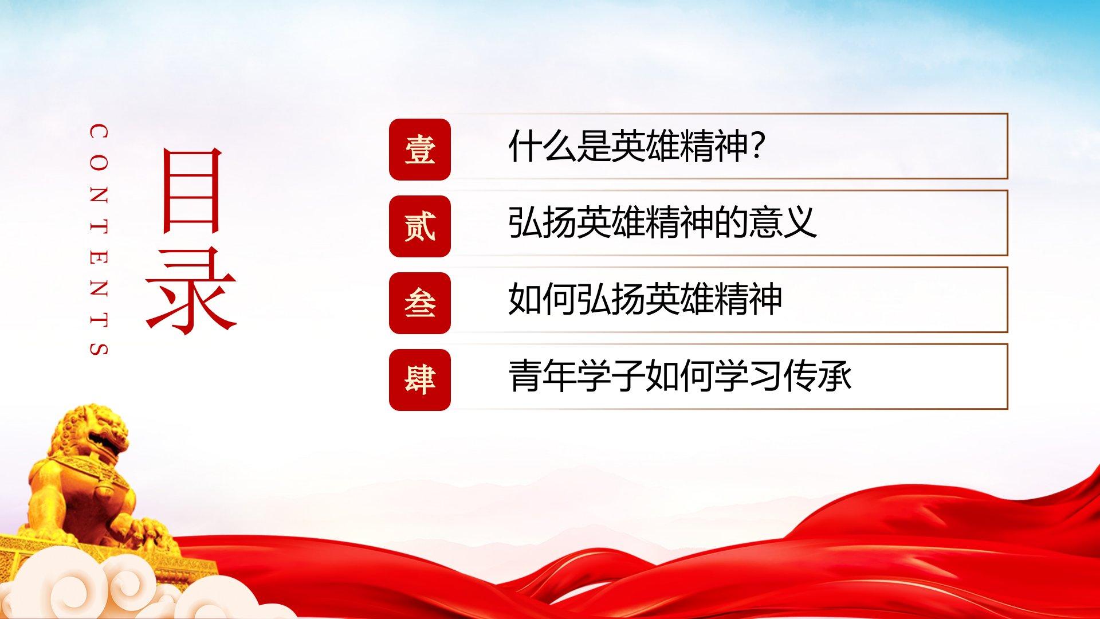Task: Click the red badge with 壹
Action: pos(420,150)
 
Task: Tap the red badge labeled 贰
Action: pos(420,226)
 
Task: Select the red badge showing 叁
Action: pos(420,303)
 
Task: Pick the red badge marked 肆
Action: pos(420,380)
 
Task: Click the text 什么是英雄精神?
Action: pos(637,146)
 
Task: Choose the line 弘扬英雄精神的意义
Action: pos(662,223)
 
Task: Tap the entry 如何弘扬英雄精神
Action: pos(645,299)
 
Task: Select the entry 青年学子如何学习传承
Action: pos(680,376)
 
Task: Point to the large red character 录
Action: pos(191,291)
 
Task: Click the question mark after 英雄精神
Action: pos(757,146)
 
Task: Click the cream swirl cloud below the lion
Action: pos(92,585)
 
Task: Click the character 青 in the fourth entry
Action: pos(525,376)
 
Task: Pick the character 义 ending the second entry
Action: pos(799,223)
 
